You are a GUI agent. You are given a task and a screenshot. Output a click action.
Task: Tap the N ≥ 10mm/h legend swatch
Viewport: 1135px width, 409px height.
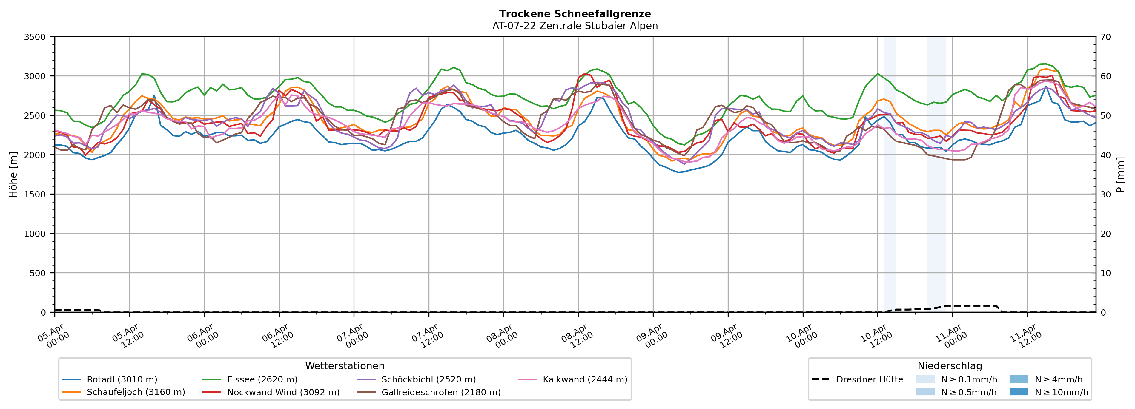tap(1018, 392)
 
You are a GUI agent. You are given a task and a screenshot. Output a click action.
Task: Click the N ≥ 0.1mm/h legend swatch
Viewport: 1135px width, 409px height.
tap(925, 379)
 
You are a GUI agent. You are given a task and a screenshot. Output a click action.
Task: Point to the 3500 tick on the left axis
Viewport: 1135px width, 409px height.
tap(35, 37)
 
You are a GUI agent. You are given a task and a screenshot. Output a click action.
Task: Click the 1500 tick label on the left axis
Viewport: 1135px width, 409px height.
tap(35, 195)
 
